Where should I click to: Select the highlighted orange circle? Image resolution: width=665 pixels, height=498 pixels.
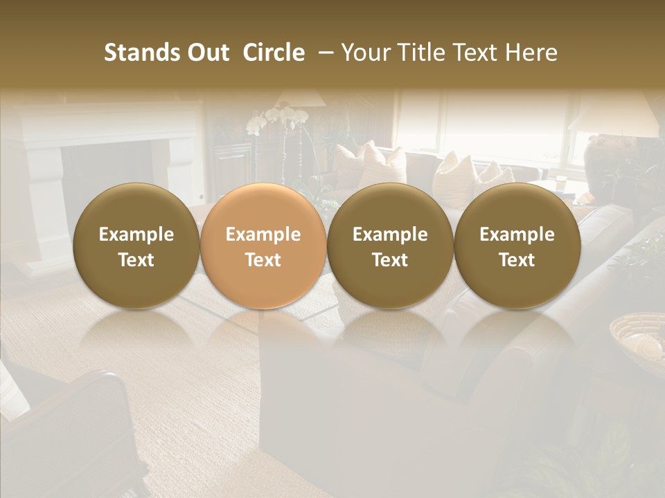(263, 246)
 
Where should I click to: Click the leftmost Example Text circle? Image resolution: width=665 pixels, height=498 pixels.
(136, 246)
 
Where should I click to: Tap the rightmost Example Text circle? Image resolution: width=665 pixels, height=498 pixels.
(517, 246)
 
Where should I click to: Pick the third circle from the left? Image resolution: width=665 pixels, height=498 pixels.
(390, 246)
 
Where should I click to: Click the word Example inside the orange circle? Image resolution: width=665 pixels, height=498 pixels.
(263, 234)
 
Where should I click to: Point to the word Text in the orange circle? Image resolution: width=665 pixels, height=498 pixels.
(263, 260)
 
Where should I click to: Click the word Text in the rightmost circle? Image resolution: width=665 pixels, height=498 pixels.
(517, 260)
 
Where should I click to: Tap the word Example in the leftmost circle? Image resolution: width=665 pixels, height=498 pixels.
(136, 234)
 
